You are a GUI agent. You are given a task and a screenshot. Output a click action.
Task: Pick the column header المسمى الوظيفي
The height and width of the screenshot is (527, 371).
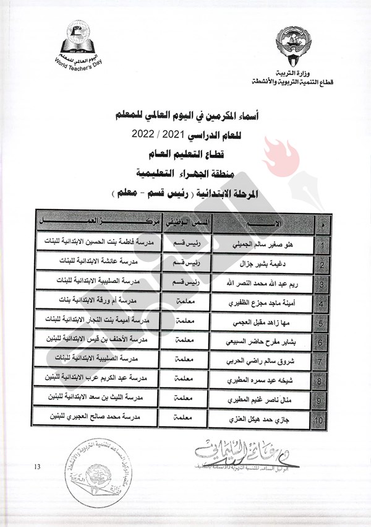[186, 222]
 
